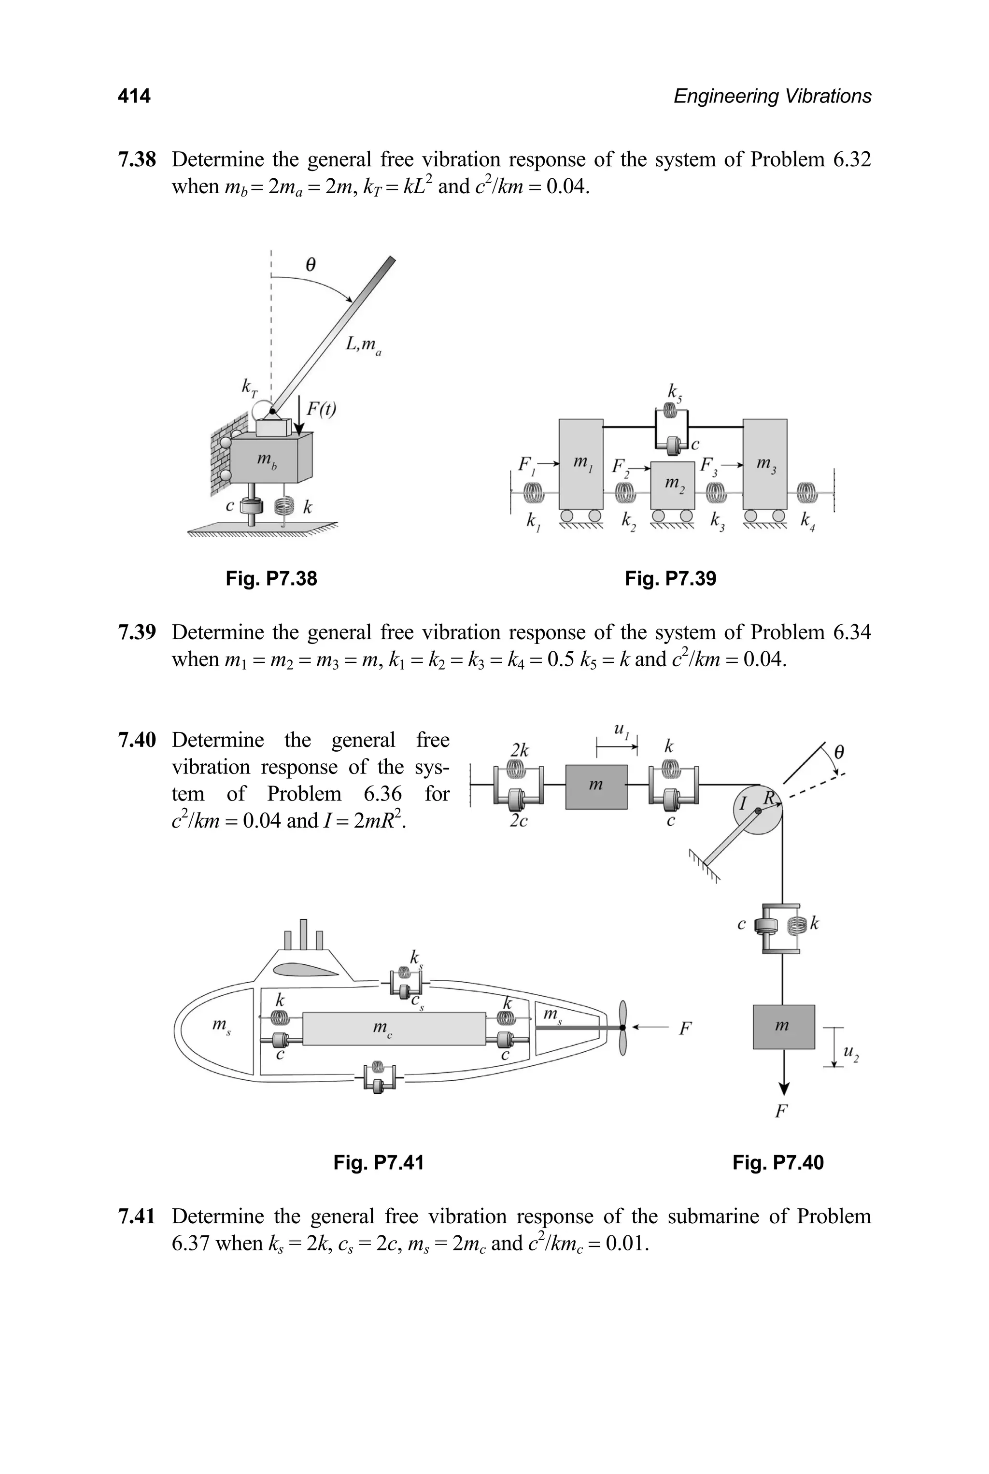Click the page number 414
(x=134, y=96)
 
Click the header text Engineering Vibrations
(x=772, y=96)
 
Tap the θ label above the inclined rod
(x=310, y=265)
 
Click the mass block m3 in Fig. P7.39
(x=764, y=464)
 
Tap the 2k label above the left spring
(x=519, y=750)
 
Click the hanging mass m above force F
(x=783, y=1027)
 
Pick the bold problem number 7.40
(x=137, y=740)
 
